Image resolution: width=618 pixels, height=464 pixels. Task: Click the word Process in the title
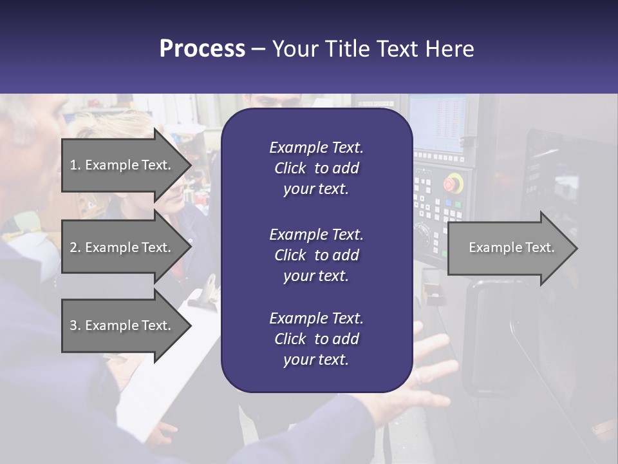pos(202,48)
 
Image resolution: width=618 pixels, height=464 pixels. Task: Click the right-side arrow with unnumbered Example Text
pos(511,248)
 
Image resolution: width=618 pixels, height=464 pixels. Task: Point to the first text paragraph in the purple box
pos(316,168)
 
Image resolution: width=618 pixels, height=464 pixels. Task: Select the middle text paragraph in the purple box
pos(316,255)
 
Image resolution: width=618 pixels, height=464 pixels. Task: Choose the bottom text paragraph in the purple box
pos(316,339)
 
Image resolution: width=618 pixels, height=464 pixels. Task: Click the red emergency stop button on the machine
pos(453,184)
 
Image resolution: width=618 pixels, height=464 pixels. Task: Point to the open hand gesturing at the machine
pos(428,367)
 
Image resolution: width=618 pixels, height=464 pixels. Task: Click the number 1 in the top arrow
pos(73,165)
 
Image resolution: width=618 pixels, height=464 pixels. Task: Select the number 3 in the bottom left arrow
pos(73,325)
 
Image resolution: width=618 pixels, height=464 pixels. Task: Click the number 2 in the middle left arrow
pos(73,247)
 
